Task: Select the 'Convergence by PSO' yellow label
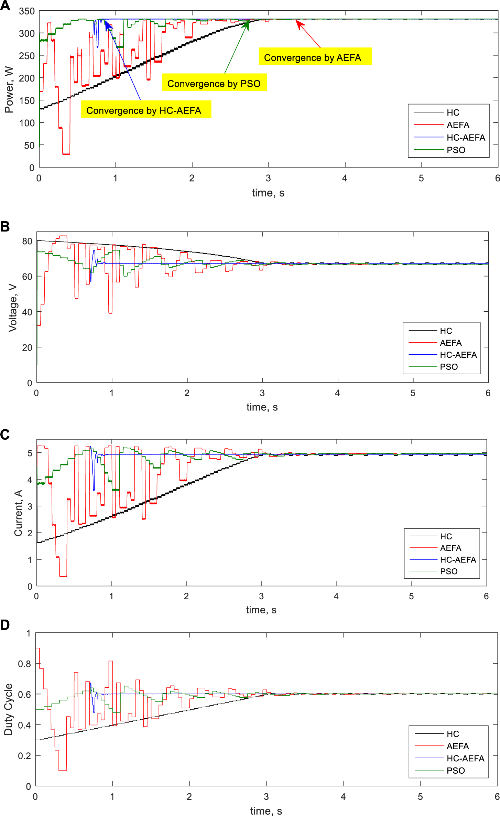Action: point(214,83)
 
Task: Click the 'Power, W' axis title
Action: point(9,89)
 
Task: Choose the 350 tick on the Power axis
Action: point(27,11)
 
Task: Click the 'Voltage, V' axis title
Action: point(13,308)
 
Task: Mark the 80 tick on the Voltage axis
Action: point(27,241)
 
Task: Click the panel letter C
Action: point(5,434)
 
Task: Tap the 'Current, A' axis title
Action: point(18,513)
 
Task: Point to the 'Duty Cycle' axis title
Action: point(8,709)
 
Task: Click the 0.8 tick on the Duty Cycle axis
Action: point(24,664)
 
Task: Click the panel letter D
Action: point(5,625)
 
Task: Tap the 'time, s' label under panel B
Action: point(262,407)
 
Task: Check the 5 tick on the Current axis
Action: point(30,453)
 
